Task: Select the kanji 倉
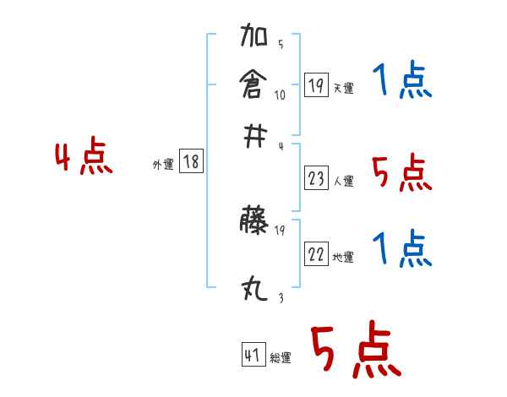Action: (254, 85)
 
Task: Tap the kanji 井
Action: (253, 136)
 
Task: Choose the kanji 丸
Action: (254, 291)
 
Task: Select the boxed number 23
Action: (317, 178)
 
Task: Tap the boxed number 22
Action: (316, 254)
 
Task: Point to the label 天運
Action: (343, 88)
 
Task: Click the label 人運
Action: (344, 181)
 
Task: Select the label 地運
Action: (343, 258)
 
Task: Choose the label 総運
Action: (280, 358)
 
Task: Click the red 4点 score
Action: (84, 159)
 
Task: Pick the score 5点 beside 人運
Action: (401, 172)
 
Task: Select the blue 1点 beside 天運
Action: (402, 81)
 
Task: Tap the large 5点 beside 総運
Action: (355, 351)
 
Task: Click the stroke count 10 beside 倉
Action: (280, 95)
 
